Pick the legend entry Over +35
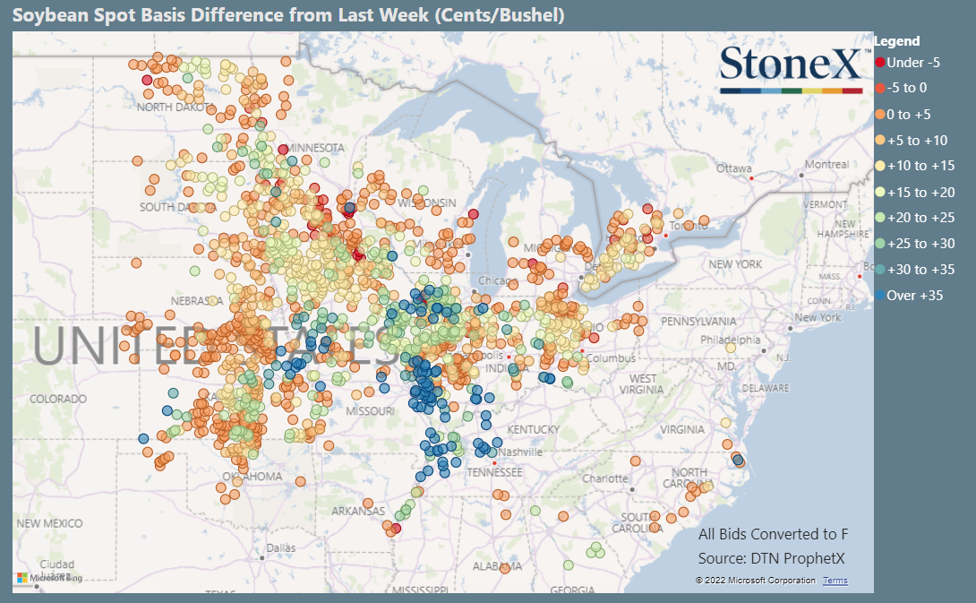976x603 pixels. click(x=913, y=295)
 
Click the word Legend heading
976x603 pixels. click(x=896, y=41)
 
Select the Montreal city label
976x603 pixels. click(x=826, y=165)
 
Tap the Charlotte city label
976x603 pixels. click(x=606, y=478)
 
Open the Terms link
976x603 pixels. click(x=835, y=581)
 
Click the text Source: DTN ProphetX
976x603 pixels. click(x=772, y=559)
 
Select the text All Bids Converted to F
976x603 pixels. click(x=773, y=534)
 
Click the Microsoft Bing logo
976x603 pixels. click(x=48, y=578)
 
